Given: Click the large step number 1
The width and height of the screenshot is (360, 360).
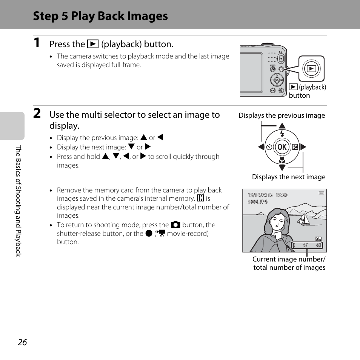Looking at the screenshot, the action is (36, 43).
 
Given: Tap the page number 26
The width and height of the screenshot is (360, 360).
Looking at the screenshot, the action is (22, 342).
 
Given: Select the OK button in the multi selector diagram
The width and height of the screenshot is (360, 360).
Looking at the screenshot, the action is (282, 147).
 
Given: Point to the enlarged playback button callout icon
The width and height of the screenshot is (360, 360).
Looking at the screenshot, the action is (312, 69).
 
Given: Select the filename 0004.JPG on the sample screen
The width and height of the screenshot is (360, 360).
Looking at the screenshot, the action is (258, 202).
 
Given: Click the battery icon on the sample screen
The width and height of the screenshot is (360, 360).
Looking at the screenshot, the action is (321, 193).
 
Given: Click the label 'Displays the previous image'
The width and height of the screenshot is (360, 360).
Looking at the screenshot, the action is (282, 115).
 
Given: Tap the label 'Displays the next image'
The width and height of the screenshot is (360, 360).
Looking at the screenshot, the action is (288, 177).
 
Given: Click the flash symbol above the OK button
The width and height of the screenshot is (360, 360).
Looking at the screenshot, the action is (282, 134).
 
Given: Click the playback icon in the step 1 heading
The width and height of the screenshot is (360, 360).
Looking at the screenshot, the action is (93, 44).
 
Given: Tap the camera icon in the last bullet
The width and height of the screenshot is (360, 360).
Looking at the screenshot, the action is (175, 225).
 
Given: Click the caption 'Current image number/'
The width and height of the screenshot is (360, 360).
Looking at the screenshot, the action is (289, 259).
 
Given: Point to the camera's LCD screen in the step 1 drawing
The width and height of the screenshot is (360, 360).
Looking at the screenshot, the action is (251, 72).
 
